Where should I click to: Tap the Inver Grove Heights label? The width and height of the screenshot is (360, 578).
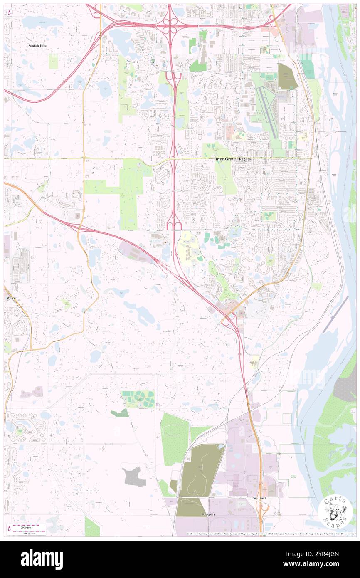tap(233, 159)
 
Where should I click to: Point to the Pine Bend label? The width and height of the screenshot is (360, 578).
tap(258, 498)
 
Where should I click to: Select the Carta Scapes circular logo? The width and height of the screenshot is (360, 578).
tap(335, 511)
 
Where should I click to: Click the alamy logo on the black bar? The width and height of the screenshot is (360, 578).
tap(42, 559)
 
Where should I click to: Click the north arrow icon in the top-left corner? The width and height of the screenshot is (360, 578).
tap(8, 12)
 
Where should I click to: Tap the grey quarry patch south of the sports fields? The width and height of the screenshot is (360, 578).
tap(134, 477)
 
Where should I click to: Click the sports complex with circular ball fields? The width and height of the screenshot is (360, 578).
tap(138, 399)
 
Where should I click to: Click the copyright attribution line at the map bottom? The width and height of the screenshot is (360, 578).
tap(270, 534)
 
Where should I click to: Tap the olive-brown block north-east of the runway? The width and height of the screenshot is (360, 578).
tap(286, 77)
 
